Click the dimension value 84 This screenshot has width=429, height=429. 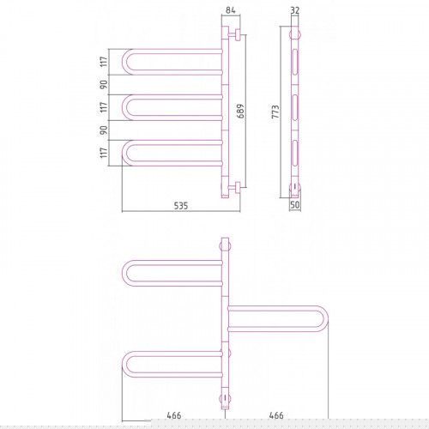[x=231, y=10]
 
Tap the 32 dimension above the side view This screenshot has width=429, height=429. [x=295, y=10]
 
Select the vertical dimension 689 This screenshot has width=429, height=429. [x=241, y=111]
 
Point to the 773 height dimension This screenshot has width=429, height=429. [x=275, y=112]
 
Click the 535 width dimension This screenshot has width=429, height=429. [x=181, y=206]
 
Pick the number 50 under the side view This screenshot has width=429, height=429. [x=295, y=204]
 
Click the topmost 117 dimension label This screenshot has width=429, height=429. [x=104, y=62]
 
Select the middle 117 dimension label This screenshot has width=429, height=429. [x=104, y=107]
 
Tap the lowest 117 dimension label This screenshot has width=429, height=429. [x=104, y=153]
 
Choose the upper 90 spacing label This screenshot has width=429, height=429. [x=104, y=84]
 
